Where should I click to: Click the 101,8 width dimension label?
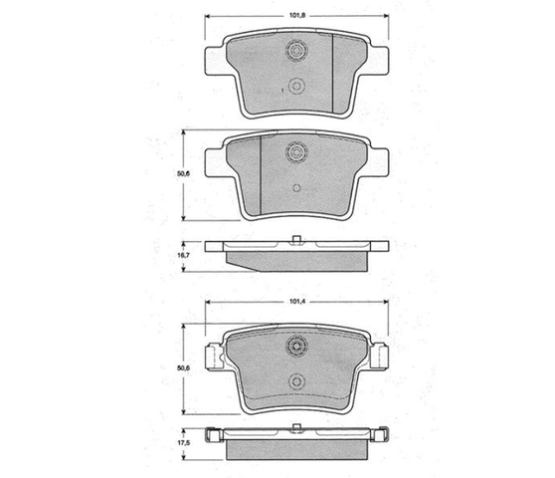(x=297, y=16)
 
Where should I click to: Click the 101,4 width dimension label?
(x=297, y=302)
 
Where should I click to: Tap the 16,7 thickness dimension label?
(x=184, y=255)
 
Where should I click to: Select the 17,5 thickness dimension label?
(x=184, y=443)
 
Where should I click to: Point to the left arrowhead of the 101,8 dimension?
(x=208, y=16)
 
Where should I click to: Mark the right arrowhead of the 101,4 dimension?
(x=386, y=303)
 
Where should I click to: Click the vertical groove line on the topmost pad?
(x=333, y=73)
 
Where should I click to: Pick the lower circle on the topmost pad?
(x=296, y=86)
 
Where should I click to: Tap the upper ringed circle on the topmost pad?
(x=296, y=50)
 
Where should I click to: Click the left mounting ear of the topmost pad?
(x=215, y=61)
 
